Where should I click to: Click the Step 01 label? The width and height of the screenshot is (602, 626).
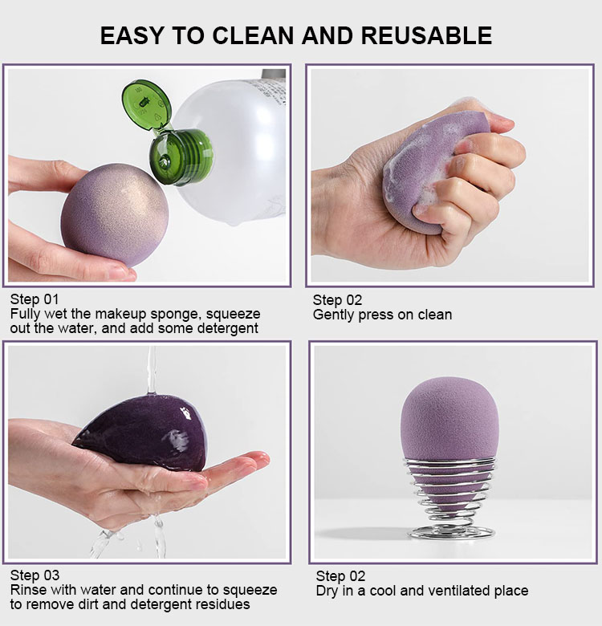click(35, 300)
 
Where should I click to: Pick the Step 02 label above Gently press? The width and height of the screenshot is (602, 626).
click(337, 300)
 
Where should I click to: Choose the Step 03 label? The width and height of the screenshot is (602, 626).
click(35, 575)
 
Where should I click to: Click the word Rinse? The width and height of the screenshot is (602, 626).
click(29, 590)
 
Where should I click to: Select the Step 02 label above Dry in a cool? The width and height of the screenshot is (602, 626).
click(340, 576)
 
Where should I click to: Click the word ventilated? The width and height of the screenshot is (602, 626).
click(454, 591)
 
